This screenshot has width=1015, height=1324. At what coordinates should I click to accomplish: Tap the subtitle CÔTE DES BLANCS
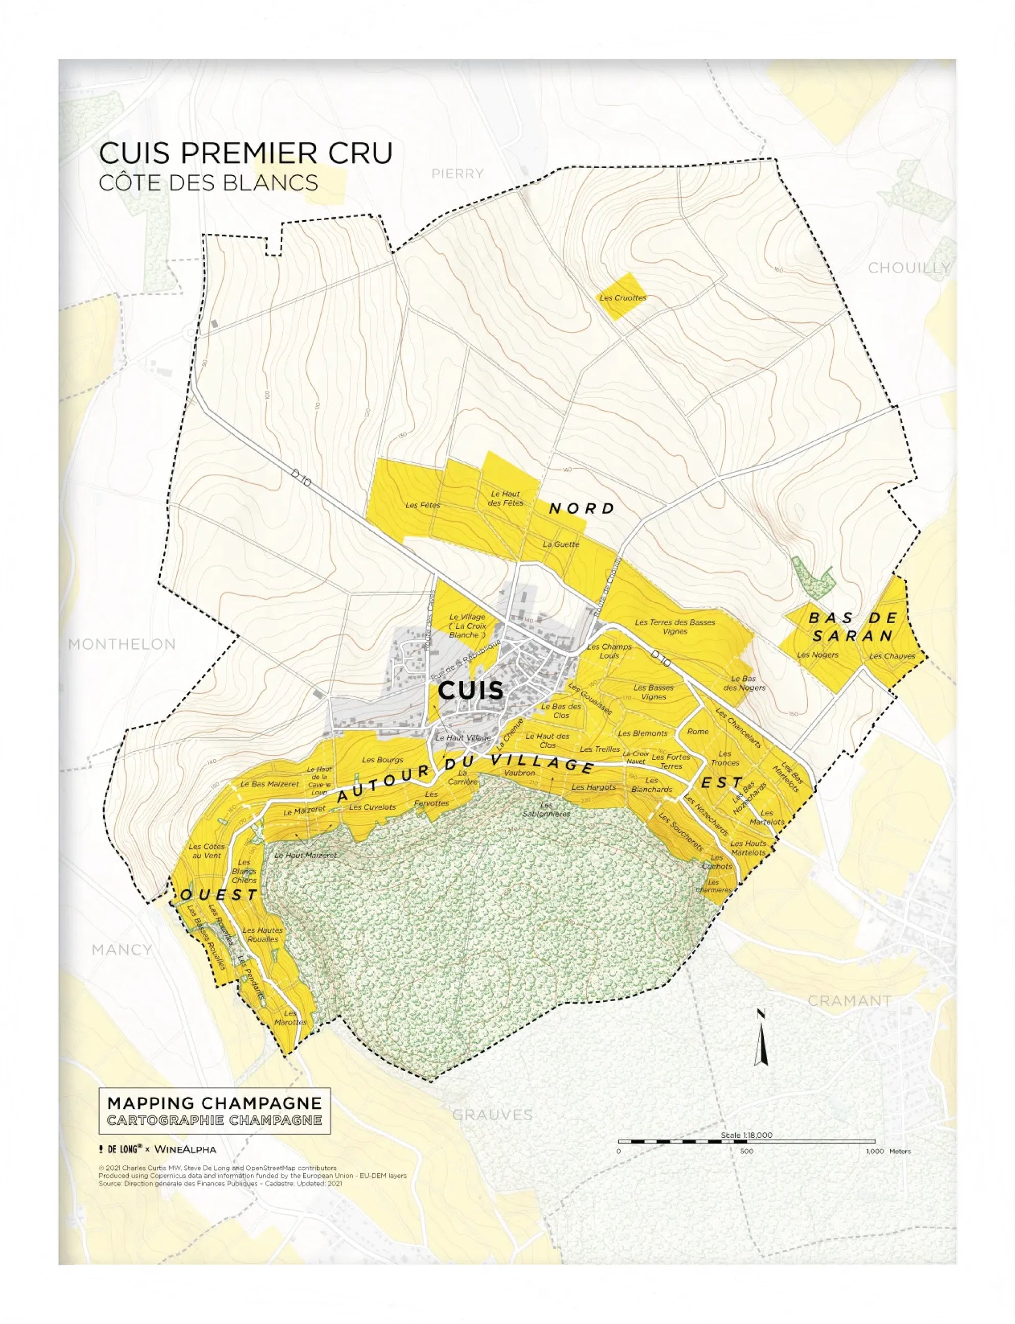point(208,183)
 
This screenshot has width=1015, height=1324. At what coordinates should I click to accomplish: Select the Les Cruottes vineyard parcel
point(623,297)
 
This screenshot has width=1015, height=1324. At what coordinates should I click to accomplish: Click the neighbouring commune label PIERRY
point(457,174)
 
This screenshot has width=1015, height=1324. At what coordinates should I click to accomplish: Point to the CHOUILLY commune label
point(909,268)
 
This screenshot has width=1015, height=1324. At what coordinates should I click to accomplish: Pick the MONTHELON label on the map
point(122,644)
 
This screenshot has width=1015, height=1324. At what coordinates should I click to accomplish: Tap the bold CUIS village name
point(470,690)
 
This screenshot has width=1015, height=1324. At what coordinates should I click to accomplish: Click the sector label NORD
point(581,509)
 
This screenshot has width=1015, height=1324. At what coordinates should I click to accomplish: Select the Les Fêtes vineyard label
point(423,505)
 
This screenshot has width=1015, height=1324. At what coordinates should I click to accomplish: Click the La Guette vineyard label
point(561,544)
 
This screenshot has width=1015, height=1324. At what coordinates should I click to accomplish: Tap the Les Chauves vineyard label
point(892,656)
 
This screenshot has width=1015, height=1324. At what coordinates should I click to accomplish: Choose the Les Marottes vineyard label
point(291,1018)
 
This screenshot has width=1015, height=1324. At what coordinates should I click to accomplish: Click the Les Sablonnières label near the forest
point(546,810)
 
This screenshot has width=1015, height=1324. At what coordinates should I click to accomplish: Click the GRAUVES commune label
point(492,1116)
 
